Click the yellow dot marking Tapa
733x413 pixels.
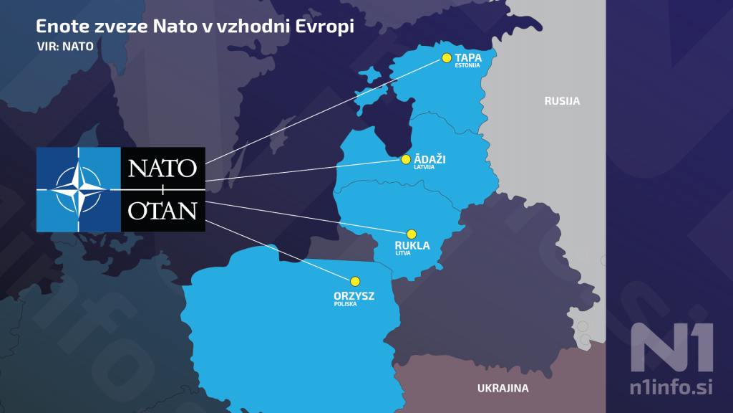pos(447,58)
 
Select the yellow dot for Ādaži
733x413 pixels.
pos(406,159)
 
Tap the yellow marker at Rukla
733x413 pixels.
pos(412,234)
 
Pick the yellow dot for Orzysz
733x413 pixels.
pos(354,282)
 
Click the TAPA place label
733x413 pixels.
pos(468,57)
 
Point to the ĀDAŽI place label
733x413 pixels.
pos(429,159)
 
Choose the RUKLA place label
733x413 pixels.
pos(412,246)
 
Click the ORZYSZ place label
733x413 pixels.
pos(354,295)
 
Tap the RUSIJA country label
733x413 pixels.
pos(562,101)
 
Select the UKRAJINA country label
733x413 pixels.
pos(503,389)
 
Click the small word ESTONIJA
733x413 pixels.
pos(467,66)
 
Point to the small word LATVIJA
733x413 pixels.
pos(424,167)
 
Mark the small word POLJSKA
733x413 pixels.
pos(345,304)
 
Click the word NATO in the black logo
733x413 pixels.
pos(162,168)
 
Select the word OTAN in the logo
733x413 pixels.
pos(162,211)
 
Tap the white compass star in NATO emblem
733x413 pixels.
pos(79,189)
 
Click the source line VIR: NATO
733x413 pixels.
pos(64,45)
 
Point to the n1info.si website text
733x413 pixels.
pos(671,388)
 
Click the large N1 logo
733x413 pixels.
pos(671,347)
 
